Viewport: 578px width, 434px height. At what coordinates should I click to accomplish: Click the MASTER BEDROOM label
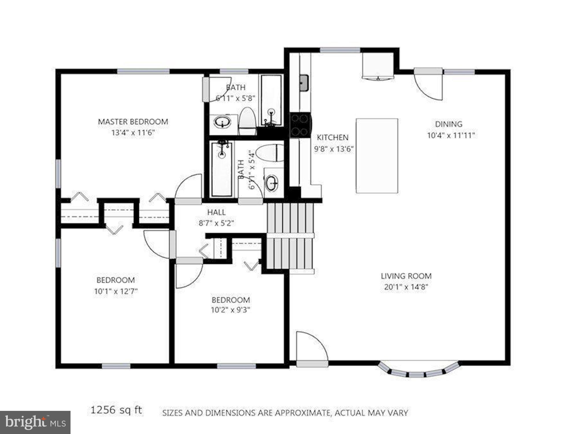click(x=133, y=122)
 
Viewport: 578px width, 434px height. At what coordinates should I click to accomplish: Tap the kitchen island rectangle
click(x=377, y=156)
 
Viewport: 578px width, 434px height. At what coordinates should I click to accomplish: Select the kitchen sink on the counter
click(x=304, y=83)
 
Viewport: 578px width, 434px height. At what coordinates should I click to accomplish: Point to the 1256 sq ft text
click(x=116, y=410)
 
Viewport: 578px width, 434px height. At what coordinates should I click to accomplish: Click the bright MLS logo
click(x=35, y=422)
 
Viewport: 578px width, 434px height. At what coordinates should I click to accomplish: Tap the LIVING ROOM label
click(x=406, y=276)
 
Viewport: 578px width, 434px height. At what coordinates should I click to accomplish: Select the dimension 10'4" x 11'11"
click(x=451, y=135)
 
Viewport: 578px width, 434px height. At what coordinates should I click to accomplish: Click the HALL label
click(x=216, y=212)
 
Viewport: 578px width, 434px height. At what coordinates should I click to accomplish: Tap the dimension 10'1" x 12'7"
click(x=116, y=291)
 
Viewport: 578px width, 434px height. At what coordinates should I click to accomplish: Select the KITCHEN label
click(x=333, y=137)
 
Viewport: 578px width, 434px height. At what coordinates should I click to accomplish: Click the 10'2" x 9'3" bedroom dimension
click(x=230, y=310)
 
